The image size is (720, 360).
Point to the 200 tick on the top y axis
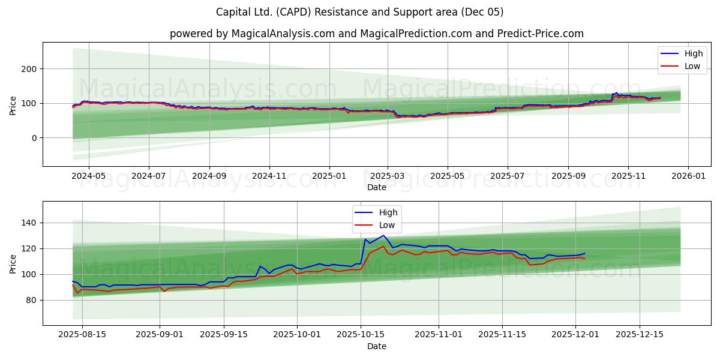click(29, 69)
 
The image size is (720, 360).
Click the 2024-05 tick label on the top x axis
click(89, 177)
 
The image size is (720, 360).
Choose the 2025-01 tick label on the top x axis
click(329, 177)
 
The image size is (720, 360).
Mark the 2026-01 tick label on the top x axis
click(688, 177)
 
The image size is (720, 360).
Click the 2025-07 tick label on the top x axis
click(508, 177)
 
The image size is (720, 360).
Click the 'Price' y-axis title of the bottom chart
click(13, 263)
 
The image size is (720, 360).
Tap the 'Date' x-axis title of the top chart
click(376, 187)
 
